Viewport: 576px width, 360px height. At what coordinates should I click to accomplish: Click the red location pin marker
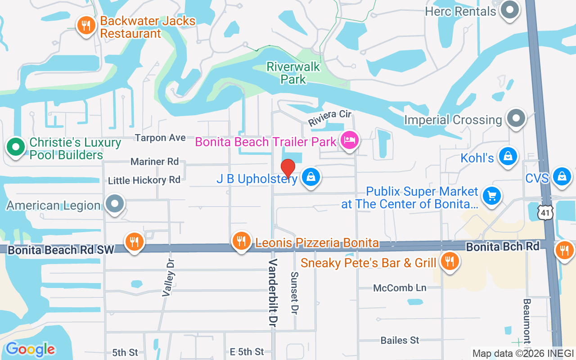(x=288, y=169)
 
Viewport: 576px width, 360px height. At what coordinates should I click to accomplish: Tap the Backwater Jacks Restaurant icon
(x=85, y=25)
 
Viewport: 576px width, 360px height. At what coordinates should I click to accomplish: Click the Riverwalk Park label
(x=293, y=73)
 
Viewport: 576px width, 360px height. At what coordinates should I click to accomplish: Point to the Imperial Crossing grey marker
(x=516, y=119)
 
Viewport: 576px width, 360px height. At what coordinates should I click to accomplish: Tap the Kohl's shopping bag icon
(x=508, y=156)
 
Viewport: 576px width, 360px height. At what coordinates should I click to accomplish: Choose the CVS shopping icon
(x=562, y=176)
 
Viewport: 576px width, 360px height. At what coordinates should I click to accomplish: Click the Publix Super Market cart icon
(x=491, y=196)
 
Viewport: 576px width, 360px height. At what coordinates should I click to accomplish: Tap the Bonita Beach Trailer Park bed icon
(x=350, y=140)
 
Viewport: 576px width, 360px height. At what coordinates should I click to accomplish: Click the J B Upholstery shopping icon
(x=310, y=177)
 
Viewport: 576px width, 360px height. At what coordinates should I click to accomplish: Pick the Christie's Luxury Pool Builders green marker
(x=16, y=147)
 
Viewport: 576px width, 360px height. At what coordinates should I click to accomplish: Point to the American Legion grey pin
(x=115, y=204)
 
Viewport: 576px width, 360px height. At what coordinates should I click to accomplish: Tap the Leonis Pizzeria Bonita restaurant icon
(x=241, y=241)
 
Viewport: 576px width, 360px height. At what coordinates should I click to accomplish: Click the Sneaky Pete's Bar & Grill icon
(x=449, y=260)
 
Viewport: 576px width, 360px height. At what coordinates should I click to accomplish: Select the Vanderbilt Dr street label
(x=273, y=292)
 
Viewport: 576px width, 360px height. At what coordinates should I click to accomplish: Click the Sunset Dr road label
(x=295, y=292)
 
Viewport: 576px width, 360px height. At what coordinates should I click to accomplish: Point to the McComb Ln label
(x=400, y=288)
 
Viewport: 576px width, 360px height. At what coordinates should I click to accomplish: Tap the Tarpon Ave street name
(x=160, y=138)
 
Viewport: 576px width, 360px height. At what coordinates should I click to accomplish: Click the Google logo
(x=30, y=349)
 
